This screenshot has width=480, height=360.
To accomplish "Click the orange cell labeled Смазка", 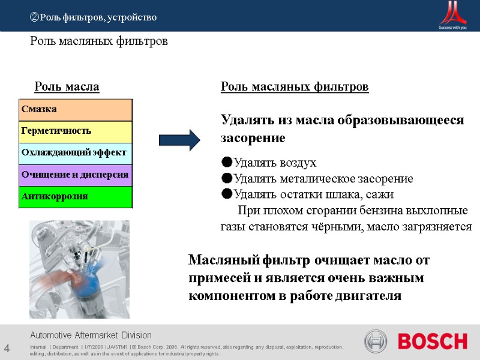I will pos(76,109).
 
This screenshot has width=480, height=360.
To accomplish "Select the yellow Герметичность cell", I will pos(76,131).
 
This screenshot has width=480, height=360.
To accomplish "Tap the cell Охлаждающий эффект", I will pos(76,153).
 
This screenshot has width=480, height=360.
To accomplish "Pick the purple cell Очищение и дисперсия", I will pos(76,175).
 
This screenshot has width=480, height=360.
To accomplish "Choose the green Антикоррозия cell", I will pos(76,197).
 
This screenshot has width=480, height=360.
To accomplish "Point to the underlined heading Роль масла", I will pos(67,88).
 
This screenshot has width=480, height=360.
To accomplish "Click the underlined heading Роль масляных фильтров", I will pos(295,88).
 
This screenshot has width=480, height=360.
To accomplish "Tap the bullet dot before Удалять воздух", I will pos(226,163).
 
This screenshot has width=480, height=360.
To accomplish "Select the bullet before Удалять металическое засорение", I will pos(226,179).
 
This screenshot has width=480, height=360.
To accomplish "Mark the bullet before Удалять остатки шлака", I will pos(226,194).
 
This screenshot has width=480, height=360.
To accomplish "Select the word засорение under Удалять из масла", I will pos(253,138).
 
